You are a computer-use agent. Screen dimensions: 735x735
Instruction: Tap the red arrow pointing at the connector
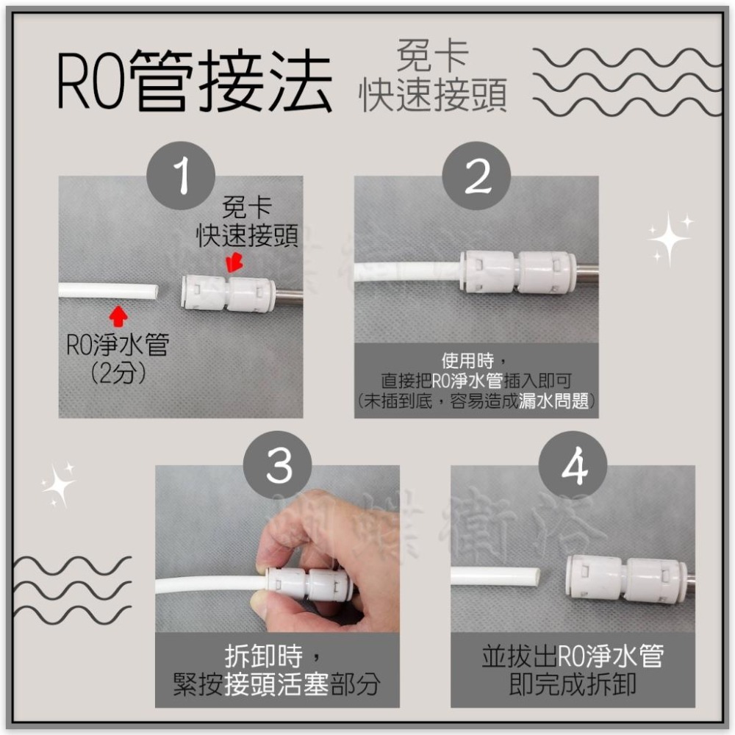[235, 263]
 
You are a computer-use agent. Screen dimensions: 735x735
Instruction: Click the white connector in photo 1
[228, 293]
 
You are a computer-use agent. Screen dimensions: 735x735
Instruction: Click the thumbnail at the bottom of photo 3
[259, 604]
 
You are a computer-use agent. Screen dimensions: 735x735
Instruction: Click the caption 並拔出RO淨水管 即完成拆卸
[572, 671]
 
